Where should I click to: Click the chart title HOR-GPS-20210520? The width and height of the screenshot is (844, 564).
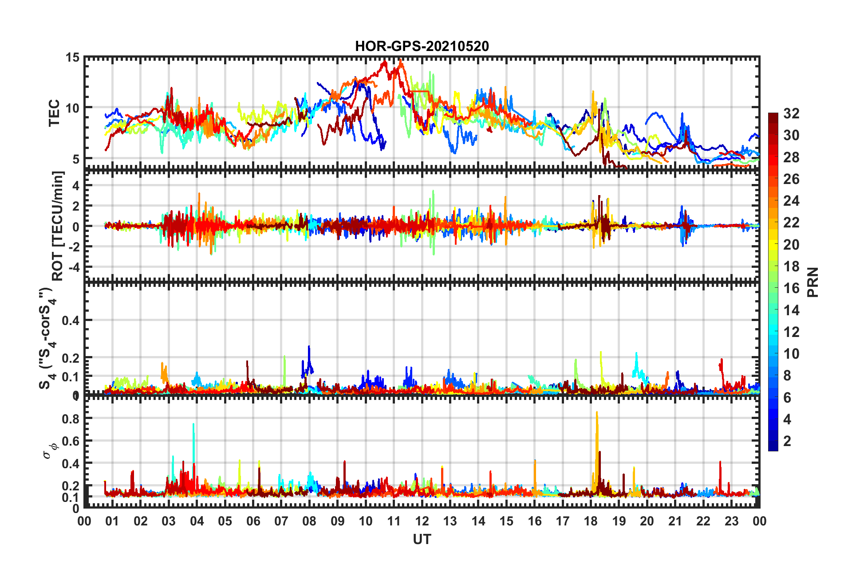pyautogui.click(x=422, y=46)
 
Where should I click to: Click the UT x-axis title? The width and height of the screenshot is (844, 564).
pyautogui.click(x=422, y=539)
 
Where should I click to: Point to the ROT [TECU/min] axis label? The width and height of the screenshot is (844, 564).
pyautogui.click(x=58, y=226)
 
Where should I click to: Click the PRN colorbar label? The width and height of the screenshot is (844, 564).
pyautogui.click(x=813, y=282)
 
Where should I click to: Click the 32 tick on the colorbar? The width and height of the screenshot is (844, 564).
pyautogui.click(x=791, y=114)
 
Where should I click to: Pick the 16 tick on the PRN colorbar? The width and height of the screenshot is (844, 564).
pyautogui.click(x=791, y=288)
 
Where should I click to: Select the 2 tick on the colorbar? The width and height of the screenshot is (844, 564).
pyautogui.click(x=787, y=441)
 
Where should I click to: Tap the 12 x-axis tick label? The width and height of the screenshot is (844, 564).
pyautogui.click(x=422, y=521)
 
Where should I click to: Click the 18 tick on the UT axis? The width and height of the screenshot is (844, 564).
pyautogui.click(x=591, y=521)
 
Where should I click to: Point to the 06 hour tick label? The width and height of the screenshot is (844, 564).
pyautogui.click(x=253, y=521)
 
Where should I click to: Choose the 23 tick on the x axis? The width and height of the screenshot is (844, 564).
pyautogui.click(x=731, y=521)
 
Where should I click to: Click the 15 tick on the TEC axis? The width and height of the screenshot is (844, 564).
pyautogui.click(x=72, y=57)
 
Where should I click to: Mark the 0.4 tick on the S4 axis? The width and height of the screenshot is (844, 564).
pyautogui.click(x=70, y=320)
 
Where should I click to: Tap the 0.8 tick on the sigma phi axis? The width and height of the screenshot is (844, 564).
pyautogui.click(x=70, y=419)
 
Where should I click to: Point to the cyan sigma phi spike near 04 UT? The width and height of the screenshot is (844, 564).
pyautogui.click(x=193, y=425)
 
